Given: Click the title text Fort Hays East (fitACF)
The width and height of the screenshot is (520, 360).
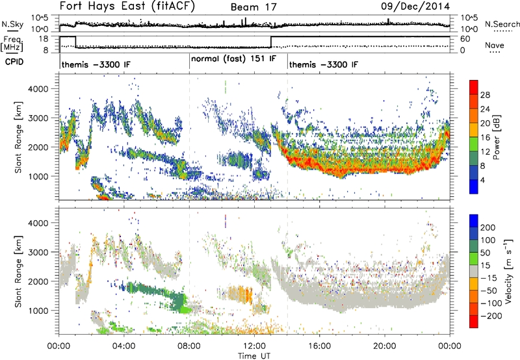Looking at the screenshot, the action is [127, 6].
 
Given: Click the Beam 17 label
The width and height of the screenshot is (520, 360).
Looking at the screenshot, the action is [253, 7].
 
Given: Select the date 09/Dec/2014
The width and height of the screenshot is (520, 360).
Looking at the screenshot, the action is [415, 6].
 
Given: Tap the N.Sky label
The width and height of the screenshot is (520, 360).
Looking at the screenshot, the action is [12, 24].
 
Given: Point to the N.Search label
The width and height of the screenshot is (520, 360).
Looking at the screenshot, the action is [502, 24].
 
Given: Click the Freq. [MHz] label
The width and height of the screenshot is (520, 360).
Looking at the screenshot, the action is [12, 44].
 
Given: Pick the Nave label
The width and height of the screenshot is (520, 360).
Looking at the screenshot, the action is [495, 45].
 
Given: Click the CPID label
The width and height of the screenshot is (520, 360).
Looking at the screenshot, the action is [14, 62].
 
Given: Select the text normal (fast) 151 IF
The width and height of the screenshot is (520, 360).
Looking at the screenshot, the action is [233, 58].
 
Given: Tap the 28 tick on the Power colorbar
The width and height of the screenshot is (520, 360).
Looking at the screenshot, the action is [485, 95].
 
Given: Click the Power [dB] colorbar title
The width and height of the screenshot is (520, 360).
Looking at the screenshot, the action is [496, 137].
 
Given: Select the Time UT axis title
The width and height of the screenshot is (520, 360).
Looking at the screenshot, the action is [254, 355].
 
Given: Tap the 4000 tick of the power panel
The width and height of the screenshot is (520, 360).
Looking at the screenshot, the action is [38, 89].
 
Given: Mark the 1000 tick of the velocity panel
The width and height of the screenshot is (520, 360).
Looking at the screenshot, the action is [38, 311].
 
